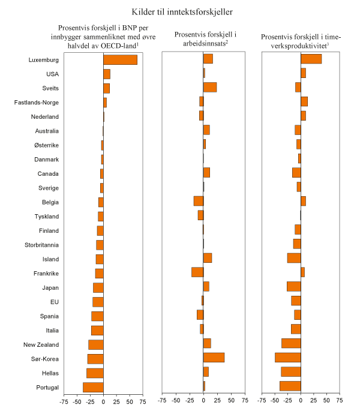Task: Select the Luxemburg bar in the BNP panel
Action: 120,59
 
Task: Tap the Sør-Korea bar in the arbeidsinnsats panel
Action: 214,358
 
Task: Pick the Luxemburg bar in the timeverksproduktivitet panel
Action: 311,59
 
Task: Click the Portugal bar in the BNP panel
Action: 93,387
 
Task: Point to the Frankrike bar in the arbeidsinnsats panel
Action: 197,272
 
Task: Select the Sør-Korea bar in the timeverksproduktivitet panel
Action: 288,358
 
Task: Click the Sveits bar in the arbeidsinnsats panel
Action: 210,88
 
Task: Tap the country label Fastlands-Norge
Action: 37,103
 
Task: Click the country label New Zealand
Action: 41,345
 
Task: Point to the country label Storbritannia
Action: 41,245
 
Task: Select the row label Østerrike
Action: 45,145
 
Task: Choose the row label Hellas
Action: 49,373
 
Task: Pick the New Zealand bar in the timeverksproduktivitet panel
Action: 291,344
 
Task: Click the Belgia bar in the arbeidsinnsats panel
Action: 199,201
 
